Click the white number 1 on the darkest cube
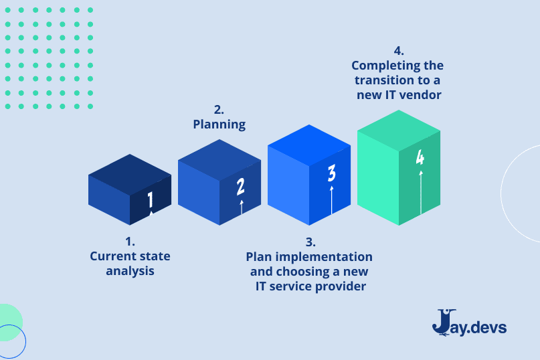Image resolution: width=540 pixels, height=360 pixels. click(151, 199)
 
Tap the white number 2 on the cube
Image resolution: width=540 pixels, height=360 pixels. click(241, 187)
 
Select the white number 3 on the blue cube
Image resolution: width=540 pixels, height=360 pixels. click(332, 174)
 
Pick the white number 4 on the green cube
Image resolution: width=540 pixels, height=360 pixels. click(420, 158)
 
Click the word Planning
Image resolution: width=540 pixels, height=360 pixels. click(219, 124)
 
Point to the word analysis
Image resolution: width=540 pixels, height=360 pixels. click(130, 271)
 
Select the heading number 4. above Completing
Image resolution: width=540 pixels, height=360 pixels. click(398, 51)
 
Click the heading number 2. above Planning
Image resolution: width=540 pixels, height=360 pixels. click(219, 109)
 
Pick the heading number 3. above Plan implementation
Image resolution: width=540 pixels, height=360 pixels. click(310, 242)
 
